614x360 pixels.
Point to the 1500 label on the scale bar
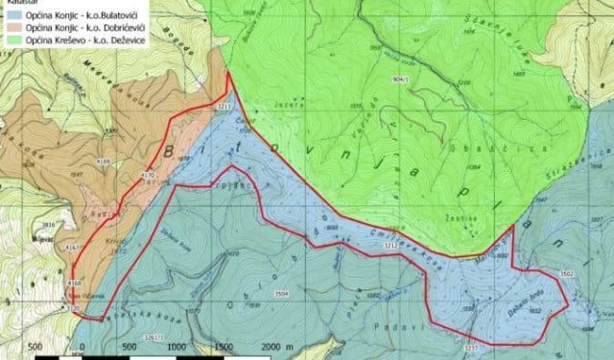tap(224, 347)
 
